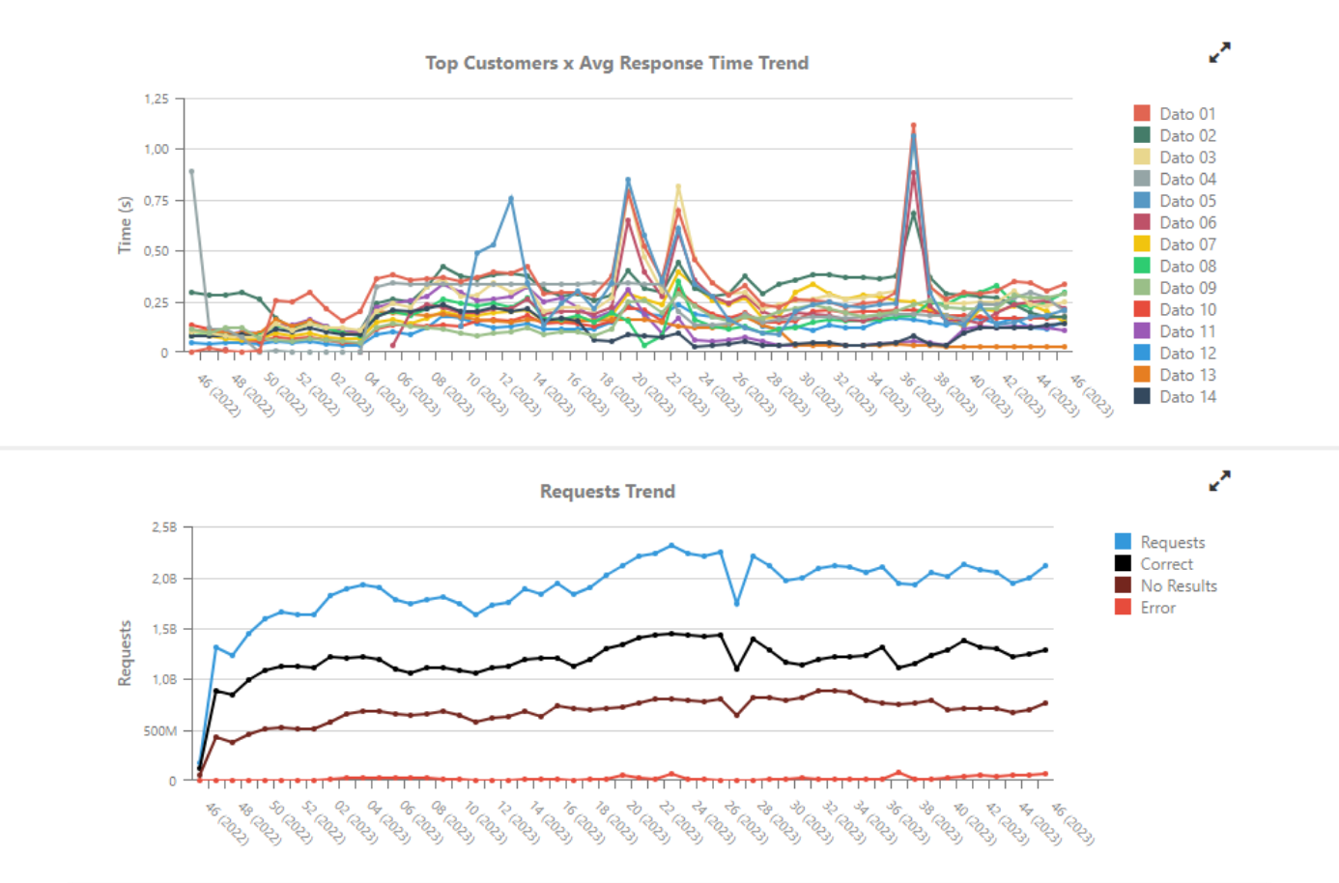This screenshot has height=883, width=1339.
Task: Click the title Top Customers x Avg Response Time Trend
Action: [x=617, y=63]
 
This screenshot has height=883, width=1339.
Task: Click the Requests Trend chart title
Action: [x=607, y=491]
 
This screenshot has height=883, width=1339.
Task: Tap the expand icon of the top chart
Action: [x=1220, y=52]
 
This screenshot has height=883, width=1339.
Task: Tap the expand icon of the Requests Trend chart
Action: [x=1220, y=480]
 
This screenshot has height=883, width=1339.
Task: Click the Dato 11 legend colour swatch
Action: [x=1142, y=331]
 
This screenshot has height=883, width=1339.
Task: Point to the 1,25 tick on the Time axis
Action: [x=157, y=99]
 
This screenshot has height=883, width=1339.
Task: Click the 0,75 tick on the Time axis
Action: [x=157, y=200]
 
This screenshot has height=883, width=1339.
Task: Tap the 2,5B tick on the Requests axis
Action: [x=164, y=527]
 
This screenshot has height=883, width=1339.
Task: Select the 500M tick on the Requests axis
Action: [x=160, y=730]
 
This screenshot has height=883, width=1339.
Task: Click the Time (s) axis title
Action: [x=125, y=225]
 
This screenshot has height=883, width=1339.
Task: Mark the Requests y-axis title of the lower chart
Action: [x=125, y=653]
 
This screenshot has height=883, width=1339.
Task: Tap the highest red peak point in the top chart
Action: [x=913, y=126]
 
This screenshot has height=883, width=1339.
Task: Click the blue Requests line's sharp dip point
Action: [x=737, y=603]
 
